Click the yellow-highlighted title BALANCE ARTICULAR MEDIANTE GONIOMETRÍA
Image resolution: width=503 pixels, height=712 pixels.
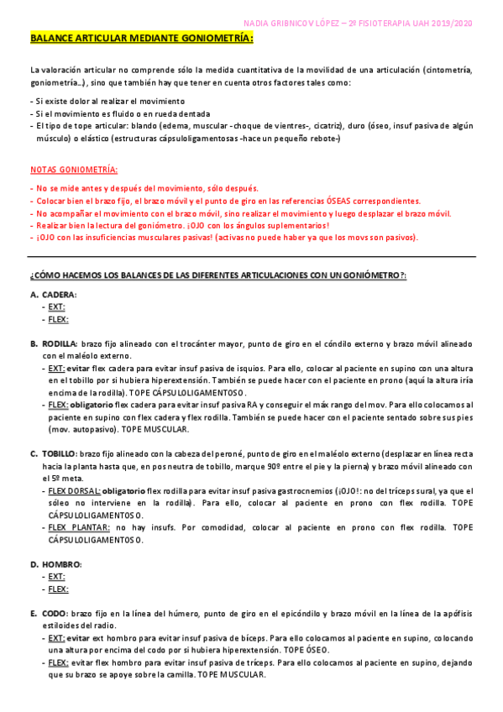click(141, 39)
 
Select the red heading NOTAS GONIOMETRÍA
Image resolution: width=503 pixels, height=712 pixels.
click(73, 169)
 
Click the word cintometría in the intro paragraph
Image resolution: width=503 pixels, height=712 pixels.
click(450, 70)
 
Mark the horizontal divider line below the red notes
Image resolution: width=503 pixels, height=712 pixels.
click(252, 257)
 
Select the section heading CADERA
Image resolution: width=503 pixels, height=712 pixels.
click(59, 295)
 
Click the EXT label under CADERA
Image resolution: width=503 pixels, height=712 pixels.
click(56, 306)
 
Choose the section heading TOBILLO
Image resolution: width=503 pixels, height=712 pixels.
click(59, 453)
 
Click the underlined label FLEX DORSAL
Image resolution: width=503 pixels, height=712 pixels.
click(74, 490)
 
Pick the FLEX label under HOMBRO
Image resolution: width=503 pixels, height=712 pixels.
click(58, 589)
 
